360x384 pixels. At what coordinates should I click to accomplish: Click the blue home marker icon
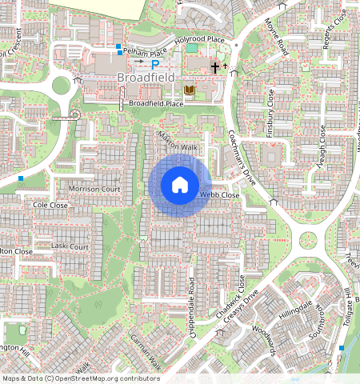tap(180, 185)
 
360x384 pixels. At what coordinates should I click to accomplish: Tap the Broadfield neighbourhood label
tap(144, 78)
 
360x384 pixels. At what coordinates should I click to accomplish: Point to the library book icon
tap(190, 90)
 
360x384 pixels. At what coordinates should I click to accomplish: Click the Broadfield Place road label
tap(156, 104)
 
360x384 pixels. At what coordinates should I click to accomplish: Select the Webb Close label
tap(219, 194)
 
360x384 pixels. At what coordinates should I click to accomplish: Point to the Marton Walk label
tap(178, 142)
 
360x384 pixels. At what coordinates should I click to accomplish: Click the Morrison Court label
tap(94, 189)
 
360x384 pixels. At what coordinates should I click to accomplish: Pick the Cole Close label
tap(50, 206)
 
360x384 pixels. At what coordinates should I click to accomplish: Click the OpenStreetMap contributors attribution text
tap(80, 378)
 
